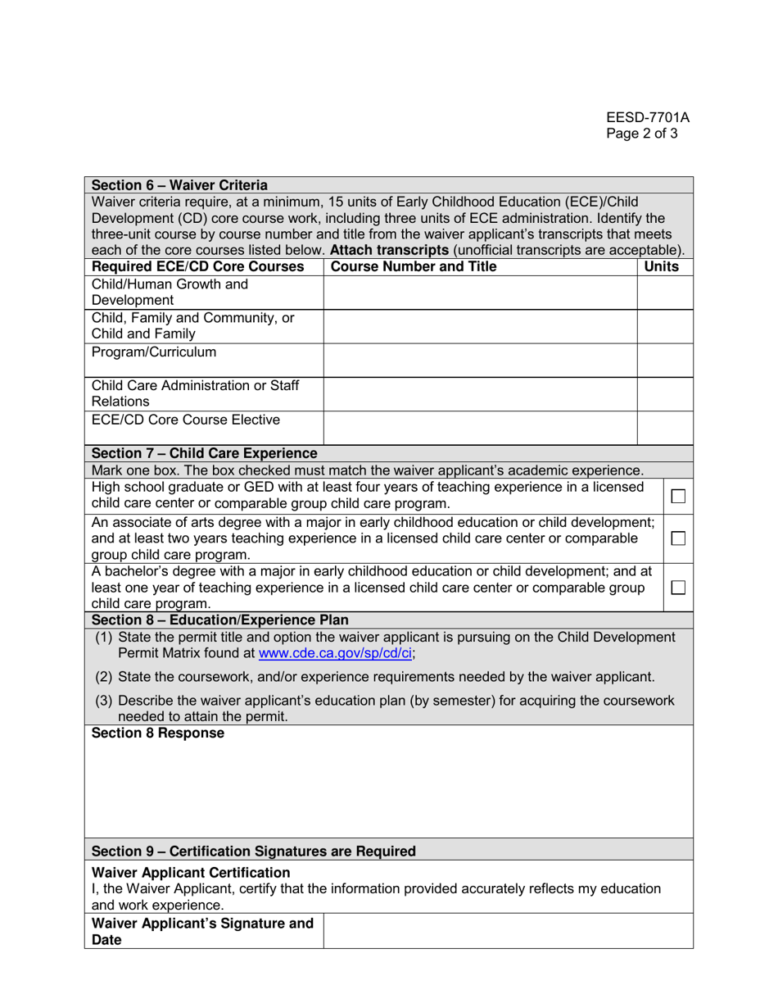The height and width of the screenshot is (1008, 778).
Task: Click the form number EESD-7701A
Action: point(648,117)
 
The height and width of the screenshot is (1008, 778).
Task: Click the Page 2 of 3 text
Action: point(641,134)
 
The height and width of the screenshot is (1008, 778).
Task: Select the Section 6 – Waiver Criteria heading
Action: point(179,184)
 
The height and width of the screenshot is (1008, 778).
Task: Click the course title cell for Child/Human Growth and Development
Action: point(480,292)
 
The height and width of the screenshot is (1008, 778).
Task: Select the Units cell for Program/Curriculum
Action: point(664,360)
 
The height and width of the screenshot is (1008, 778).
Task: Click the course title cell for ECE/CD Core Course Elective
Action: point(480,428)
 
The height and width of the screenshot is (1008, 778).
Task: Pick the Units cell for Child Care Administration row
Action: point(664,393)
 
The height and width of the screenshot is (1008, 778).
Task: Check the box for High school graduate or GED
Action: point(679,495)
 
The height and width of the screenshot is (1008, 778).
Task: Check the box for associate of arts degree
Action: point(679,538)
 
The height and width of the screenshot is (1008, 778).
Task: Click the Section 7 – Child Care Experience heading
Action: point(204,453)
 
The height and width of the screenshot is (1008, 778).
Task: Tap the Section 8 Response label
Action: point(157,733)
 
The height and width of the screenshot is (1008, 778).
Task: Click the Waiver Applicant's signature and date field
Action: point(508,933)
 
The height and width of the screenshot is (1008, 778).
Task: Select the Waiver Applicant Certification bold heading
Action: point(191,872)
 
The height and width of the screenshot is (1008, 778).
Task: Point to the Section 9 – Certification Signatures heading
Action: point(253,851)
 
